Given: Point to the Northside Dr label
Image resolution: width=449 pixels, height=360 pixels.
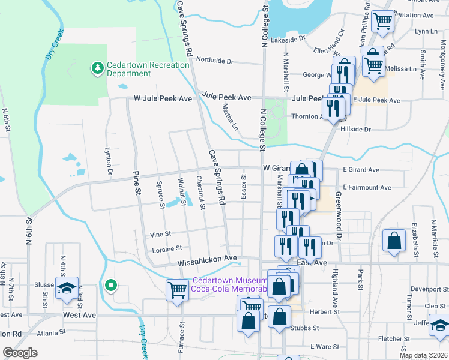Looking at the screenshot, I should coord(214,61).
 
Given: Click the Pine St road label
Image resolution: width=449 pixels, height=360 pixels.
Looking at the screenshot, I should coord(136,183).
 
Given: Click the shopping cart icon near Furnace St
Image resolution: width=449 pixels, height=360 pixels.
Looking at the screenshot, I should coord(177,290).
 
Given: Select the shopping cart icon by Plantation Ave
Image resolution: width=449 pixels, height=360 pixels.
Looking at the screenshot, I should coord(382,22).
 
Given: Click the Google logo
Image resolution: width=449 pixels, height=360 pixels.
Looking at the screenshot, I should coord(20,353).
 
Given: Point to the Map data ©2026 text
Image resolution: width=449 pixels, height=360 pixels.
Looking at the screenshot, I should coord(423,355).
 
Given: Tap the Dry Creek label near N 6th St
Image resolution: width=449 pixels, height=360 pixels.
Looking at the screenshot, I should coord(54,46).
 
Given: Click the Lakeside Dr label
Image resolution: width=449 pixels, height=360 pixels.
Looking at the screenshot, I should coord(288,40).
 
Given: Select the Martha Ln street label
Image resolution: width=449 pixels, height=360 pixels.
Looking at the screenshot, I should coord(231,118).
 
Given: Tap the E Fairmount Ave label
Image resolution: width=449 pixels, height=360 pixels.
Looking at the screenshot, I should coord(367,188).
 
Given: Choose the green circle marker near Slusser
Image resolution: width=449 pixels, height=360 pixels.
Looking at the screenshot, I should coord(110,285).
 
